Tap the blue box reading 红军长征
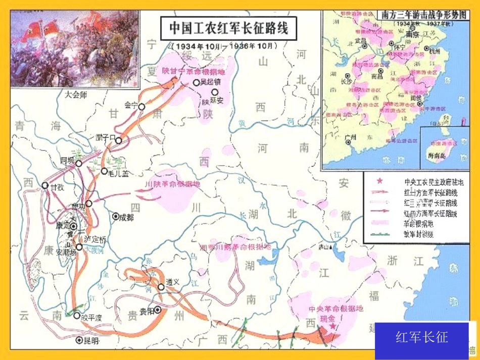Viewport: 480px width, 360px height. coord(421,337)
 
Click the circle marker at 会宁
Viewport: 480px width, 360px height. coord(142,107)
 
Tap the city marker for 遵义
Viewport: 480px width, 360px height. coord(161,287)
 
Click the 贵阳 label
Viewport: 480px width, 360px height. coord(147,311)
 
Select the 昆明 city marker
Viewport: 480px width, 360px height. coord(79,340)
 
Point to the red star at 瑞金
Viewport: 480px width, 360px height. coord(332,327)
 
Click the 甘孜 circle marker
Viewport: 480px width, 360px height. coord(45,185)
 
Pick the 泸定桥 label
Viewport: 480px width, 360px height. coord(95,239)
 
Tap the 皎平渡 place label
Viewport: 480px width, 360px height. coord(91,317)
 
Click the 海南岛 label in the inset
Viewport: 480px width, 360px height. coord(437,156)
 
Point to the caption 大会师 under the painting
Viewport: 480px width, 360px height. coord(76,94)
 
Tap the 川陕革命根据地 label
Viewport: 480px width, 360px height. coord(172,184)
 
